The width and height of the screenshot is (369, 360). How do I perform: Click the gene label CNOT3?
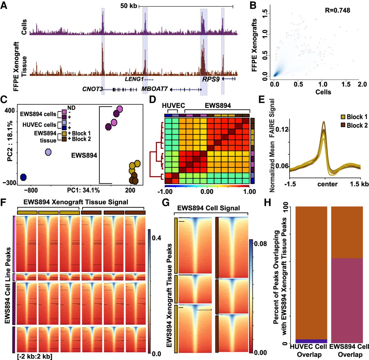[93, 89]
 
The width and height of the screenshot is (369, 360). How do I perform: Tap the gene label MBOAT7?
[155, 89]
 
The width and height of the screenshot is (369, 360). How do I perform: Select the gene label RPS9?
[211, 79]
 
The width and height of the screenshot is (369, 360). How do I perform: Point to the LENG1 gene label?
[134, 79]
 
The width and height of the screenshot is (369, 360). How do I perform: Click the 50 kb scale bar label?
[129, 6]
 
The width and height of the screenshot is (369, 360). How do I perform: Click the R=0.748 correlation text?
[337, 10]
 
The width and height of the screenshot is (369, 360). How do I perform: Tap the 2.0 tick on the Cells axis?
[362, 84]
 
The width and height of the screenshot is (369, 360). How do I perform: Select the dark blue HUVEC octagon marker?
[23, 177]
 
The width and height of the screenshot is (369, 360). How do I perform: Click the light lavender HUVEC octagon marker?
[48, 152]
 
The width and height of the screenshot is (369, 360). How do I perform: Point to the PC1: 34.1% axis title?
[83, 190]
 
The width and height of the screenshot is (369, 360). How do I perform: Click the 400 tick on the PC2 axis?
[10, 111]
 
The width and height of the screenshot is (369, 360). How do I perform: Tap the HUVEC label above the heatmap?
[173, 106]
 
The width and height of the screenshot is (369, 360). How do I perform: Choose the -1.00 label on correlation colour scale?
[165, 192]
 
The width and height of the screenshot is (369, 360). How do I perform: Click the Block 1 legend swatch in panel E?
[343, 117]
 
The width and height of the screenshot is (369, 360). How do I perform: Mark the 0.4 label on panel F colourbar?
[156, 238]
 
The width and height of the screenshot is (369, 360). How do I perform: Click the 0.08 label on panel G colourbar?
[260, 244]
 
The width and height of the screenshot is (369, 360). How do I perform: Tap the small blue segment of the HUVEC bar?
[311, 341]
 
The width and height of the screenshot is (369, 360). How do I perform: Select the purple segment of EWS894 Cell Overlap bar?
[347, 300]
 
